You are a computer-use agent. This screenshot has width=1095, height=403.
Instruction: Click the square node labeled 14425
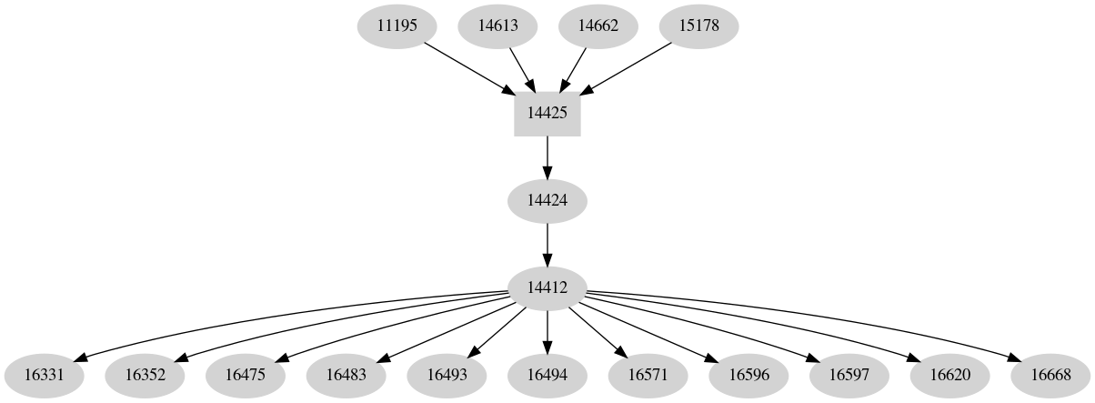(547, 114)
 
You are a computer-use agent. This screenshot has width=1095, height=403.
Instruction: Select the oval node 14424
(547, 200)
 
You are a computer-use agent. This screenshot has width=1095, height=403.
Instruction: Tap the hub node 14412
(547, 287)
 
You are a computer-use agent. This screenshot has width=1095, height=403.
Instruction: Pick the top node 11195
(397, 25)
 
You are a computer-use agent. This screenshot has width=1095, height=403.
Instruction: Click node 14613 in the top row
(497, 25)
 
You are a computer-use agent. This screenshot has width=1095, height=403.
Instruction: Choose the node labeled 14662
(598, 25)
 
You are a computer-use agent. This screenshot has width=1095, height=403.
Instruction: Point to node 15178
(698, 25)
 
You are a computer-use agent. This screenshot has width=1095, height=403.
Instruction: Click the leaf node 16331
(44, 374)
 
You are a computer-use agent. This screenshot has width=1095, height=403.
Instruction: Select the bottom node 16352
(145, 374)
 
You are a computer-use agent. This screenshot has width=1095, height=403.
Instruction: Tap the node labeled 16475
(245, 374)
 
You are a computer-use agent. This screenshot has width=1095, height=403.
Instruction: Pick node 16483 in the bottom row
(346, 374)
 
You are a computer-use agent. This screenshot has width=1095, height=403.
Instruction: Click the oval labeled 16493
(447, 374)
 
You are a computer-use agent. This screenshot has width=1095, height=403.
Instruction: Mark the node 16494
(547, 374)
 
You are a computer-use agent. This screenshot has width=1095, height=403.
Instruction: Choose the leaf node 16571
(648, 374)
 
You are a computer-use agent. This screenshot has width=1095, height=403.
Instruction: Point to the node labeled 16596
(748, 374)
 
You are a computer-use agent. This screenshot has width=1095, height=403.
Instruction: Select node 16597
(849, 374)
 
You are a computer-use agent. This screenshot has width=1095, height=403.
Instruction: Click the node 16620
(949, 374)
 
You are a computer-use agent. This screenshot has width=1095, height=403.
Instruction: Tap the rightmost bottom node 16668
(1050, 374)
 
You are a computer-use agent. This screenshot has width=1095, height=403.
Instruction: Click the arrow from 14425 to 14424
(547, 156)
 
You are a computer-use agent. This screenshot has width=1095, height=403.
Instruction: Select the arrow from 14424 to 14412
(547, 244)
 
